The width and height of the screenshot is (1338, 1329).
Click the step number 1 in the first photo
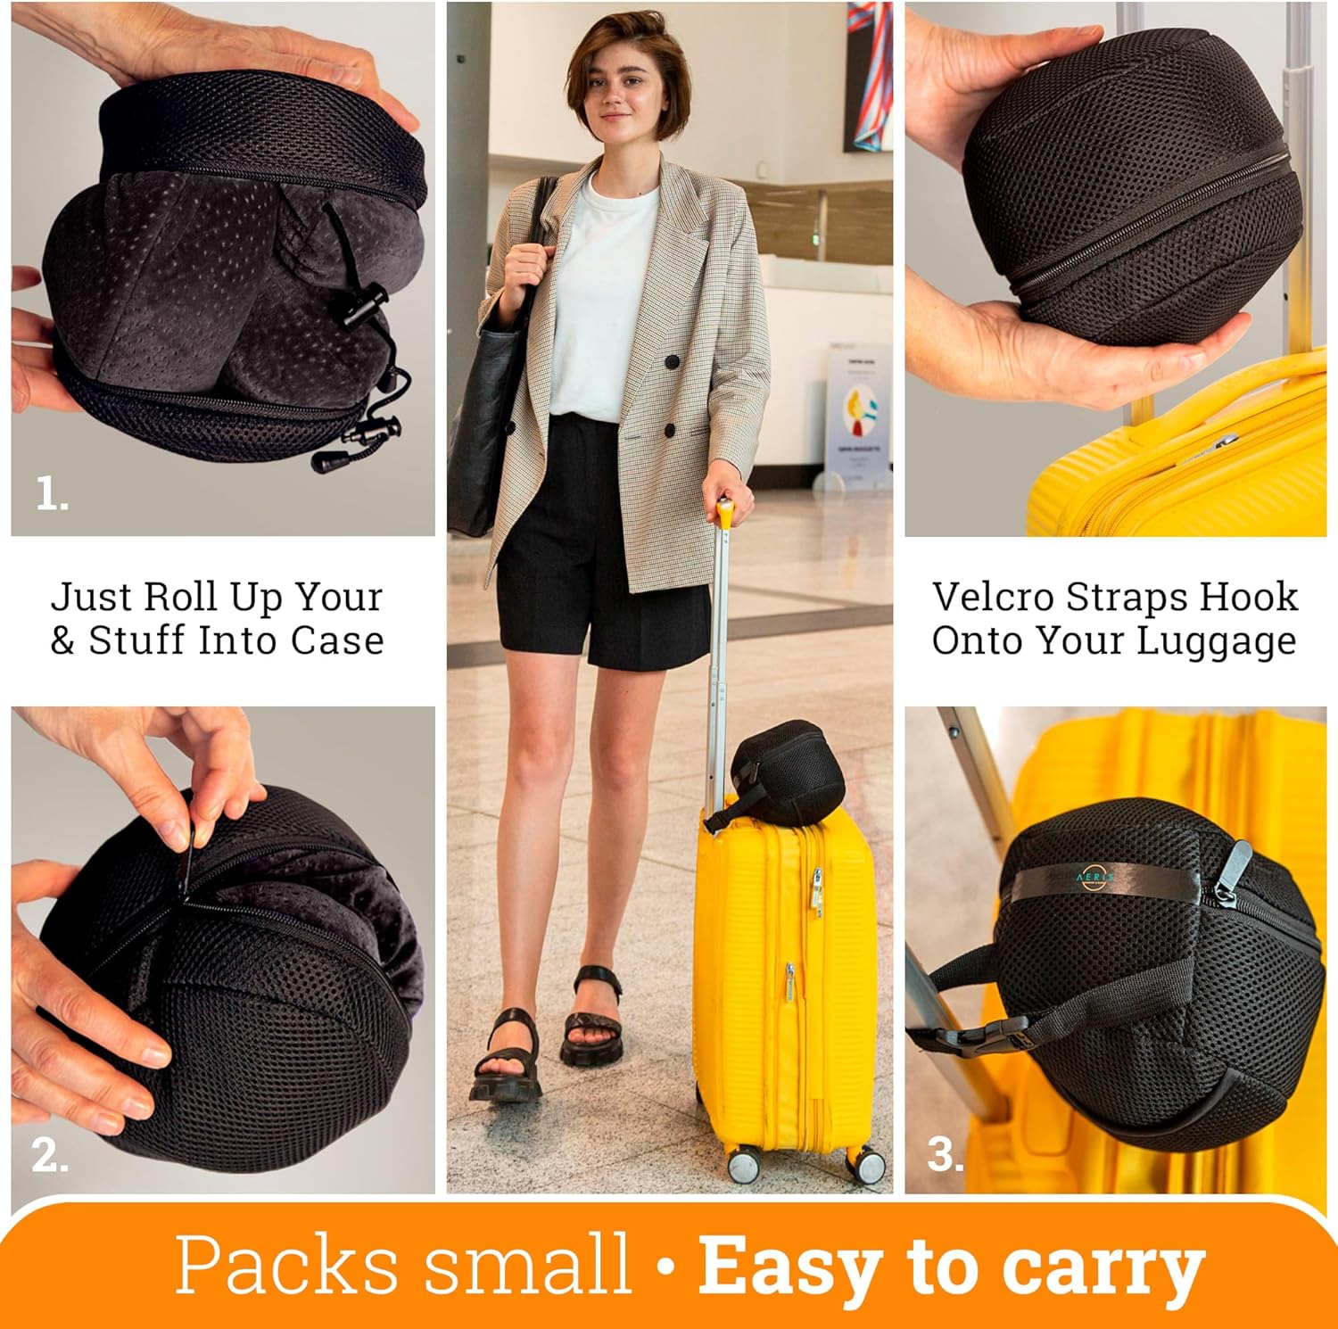click(x=51, y=493)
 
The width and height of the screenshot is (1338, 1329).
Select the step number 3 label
click(x=946, y=1155)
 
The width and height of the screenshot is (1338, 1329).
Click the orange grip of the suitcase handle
click(x=724, y=513)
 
